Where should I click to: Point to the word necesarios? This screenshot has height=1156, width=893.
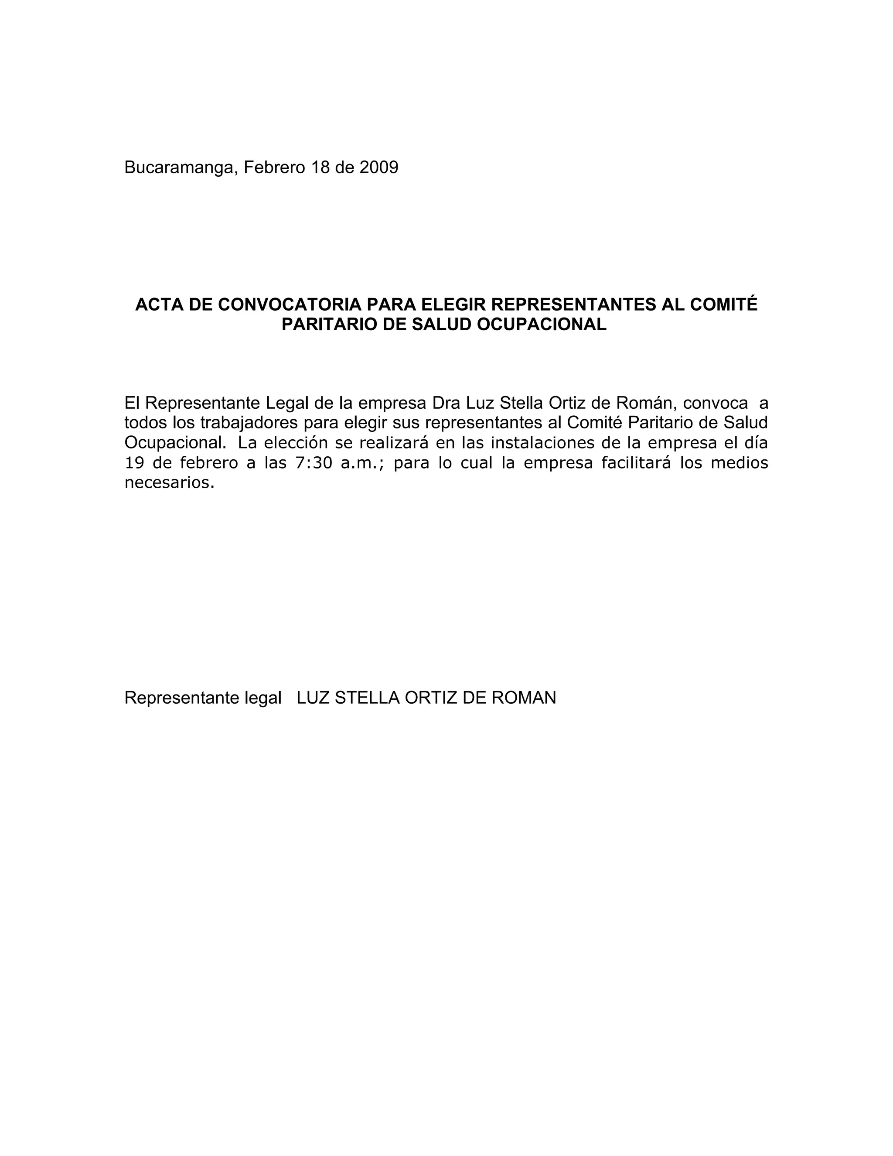pos(169,483)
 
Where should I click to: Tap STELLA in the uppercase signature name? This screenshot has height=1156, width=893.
pos(367,698)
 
